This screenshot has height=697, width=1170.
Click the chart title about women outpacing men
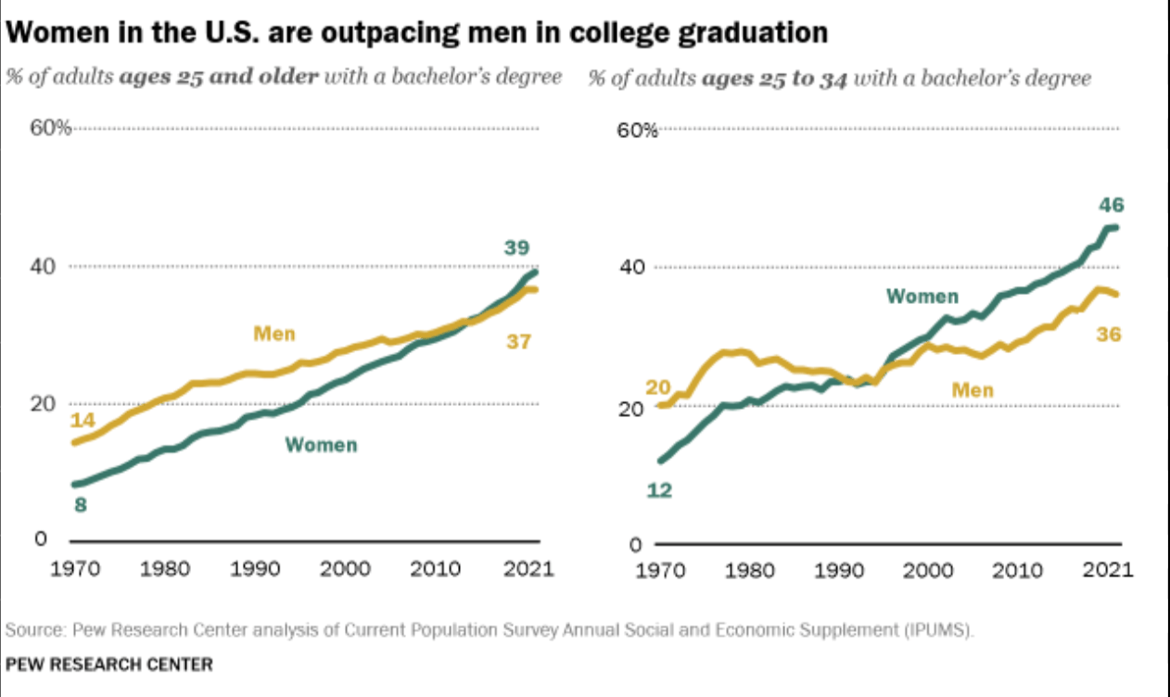tap(417, 33)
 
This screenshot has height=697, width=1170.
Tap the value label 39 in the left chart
tap(517, 247)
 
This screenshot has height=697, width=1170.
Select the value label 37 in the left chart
tap(518, 342)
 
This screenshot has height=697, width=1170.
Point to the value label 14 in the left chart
tap(83, 420)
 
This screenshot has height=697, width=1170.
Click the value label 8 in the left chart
tap(81, 505)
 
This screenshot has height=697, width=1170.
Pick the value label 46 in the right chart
tap(1112, 205)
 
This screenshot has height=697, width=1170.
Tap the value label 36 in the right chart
tap(1109, 335)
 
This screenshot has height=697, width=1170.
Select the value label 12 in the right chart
tap(659, 490)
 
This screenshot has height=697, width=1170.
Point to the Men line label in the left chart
tap(274, 334)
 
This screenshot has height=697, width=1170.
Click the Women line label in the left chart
tap(321, 445)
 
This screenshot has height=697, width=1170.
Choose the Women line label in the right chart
tap(922, 297)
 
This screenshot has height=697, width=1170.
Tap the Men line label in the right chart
tap(973, 390)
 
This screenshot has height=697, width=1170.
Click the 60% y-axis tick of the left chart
tap(51, 128)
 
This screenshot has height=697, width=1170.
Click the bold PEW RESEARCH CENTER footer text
tap(109, 665)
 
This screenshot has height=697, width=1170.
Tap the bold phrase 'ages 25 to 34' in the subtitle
tap(774, 78)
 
